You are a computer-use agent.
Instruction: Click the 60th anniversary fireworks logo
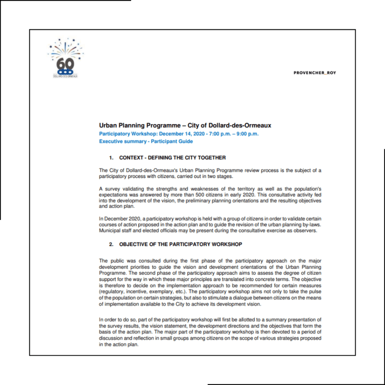[65, 58]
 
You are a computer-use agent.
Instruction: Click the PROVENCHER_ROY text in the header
[315, 73]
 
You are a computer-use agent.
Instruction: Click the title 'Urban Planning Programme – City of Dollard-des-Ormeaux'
[185, 126]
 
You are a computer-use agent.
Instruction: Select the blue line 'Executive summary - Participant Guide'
[146, 142]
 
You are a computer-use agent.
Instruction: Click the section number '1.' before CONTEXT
[111, 158]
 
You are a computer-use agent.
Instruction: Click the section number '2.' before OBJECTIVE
[111, 244]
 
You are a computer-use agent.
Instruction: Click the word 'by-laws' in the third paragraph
[313, 224]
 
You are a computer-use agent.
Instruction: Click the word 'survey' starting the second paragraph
[112, 188]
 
